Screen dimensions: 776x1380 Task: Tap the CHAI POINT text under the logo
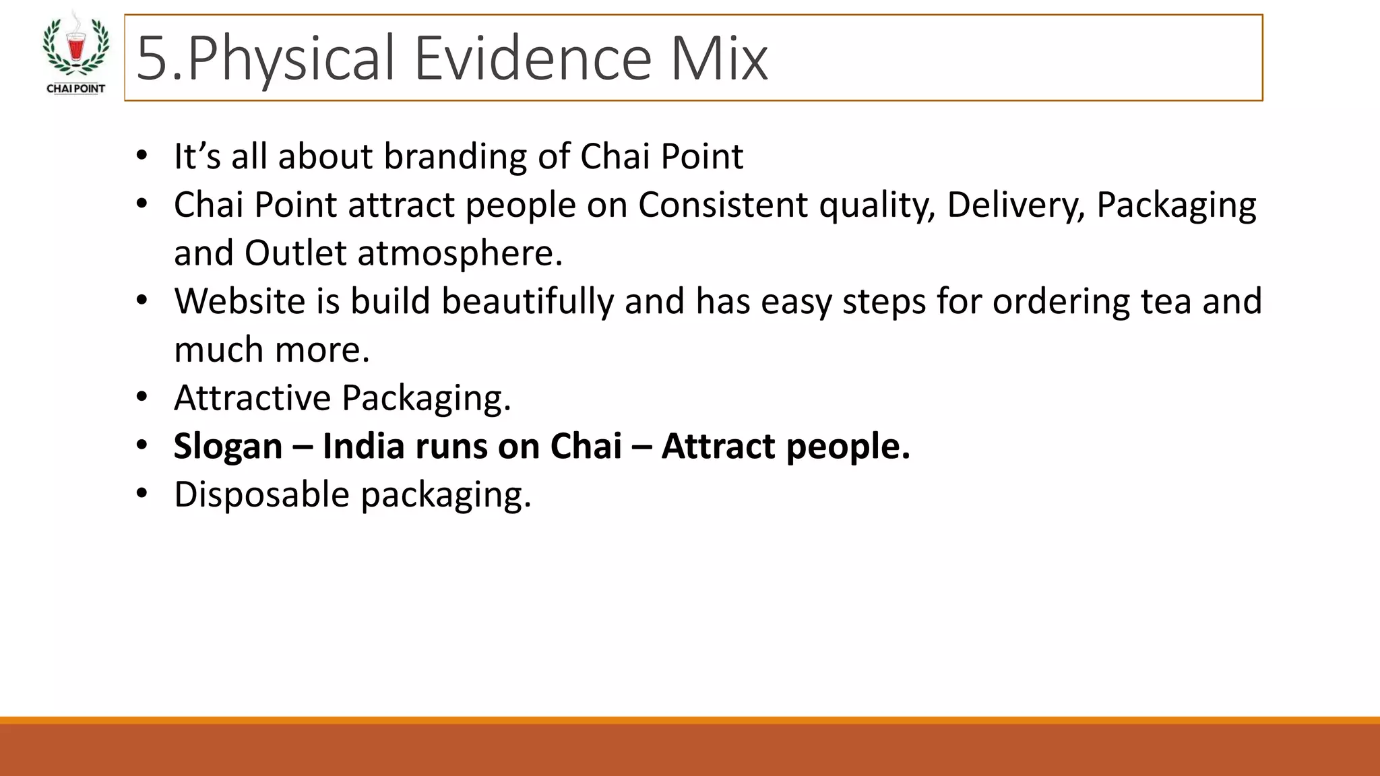(x=75, y=88)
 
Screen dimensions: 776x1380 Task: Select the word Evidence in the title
(x=532, y=59)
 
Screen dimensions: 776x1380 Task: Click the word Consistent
(x=722, y=205)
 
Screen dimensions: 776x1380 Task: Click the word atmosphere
(x=459, y=253)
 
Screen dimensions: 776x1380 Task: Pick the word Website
(x=239, y=301)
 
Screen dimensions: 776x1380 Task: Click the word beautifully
(x=527, y=301)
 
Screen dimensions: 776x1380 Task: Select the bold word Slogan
(x=228, y=447)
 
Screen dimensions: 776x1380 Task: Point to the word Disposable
(x=261, y=494)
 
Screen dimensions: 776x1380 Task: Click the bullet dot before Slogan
(x=141, y=446)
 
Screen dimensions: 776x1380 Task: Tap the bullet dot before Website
(x=141, y=300)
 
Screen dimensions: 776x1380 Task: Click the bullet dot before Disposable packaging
(x=141, y=494)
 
